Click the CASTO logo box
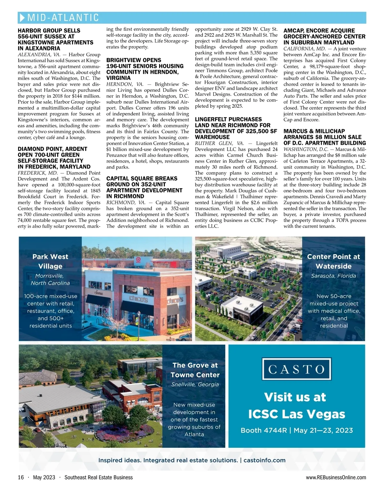click(x=296, y=369)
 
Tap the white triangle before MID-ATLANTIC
click(x=22, y=17)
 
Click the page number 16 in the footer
click(x=21, y=477)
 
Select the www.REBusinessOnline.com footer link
click(x=336, y=477)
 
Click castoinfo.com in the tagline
click(x=264, y=460)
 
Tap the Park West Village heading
click(x=50, y=261)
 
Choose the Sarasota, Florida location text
click(x=333, y=276)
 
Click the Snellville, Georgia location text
click(x=195, y=384)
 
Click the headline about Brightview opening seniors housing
click(x=145, y=69)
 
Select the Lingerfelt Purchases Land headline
click(x=236, y=128)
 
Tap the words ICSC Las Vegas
click(x=297, y=414)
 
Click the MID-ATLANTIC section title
click(x=63, y=17)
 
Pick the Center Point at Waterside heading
click(x=333, y=261)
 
